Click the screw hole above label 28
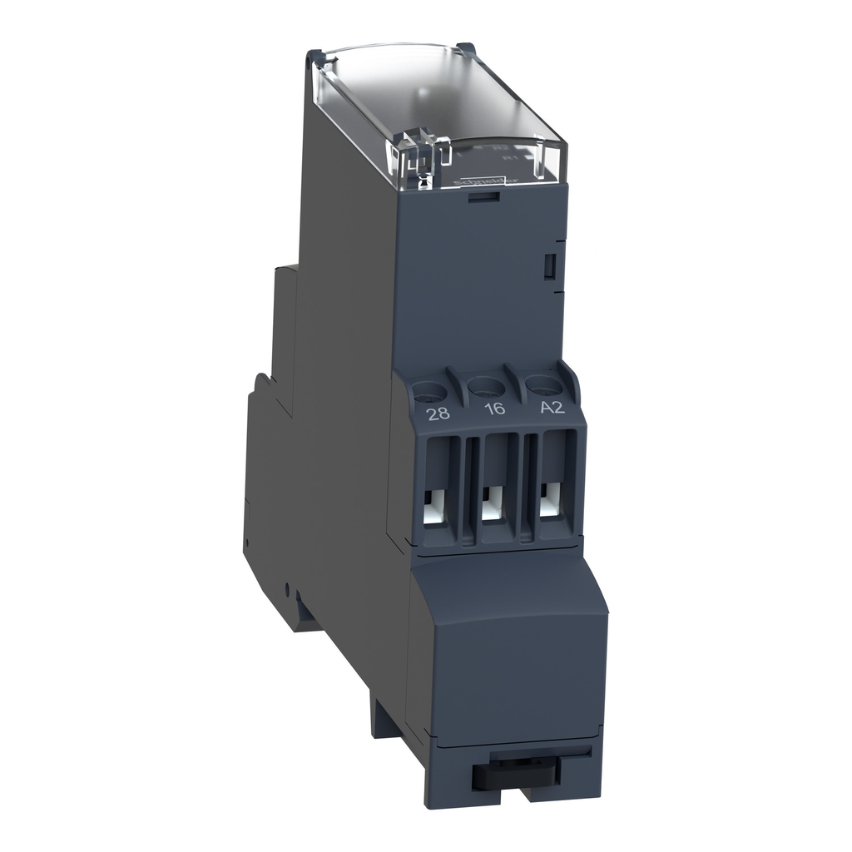pyautogui.click(x=430, y=388)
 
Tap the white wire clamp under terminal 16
pyautogui.click(x=492, y=504)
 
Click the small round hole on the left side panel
pyautogui.click(x=287, y=592)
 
